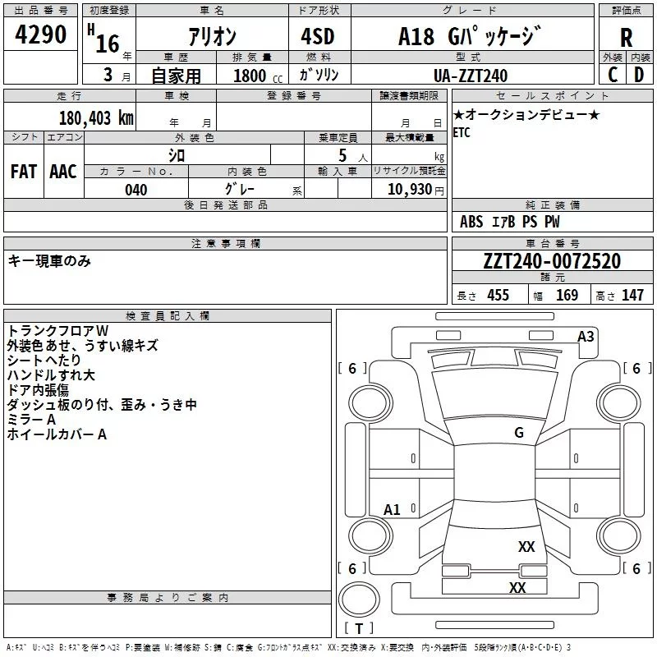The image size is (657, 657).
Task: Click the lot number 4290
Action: [x=41, y=35]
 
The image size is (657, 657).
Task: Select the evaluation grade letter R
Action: [x=626, y=38]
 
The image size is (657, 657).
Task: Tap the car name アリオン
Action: [x=214, y=37]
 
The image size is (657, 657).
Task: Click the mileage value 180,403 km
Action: [x=96, y=117]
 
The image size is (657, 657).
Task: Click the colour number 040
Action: [x=136, y=190]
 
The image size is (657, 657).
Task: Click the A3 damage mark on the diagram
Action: [x=586, y=336]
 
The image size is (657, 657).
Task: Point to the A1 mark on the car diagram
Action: [x=393, y=510]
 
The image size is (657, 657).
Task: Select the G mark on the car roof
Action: [x=519, y=433]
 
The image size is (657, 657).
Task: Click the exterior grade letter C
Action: [x=613, y=75]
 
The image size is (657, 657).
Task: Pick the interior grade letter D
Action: [x=639, y=75]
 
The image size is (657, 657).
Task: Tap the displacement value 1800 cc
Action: [x=251, y=76]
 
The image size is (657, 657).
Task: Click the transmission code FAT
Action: [x=24, y=172]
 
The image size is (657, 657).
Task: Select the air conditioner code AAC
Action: [x=62, y=172]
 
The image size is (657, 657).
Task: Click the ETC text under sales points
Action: [x=462, y=133]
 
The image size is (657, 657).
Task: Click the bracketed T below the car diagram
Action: [x=358, y=629]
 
